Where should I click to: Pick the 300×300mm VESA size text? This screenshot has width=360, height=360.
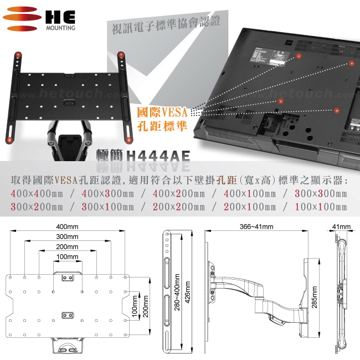pos(321,194)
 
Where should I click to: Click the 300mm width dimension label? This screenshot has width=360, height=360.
pos(67,236)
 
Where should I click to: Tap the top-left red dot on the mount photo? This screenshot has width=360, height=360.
pos(18,54)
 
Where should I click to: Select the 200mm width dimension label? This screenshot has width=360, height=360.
pos(67,246)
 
